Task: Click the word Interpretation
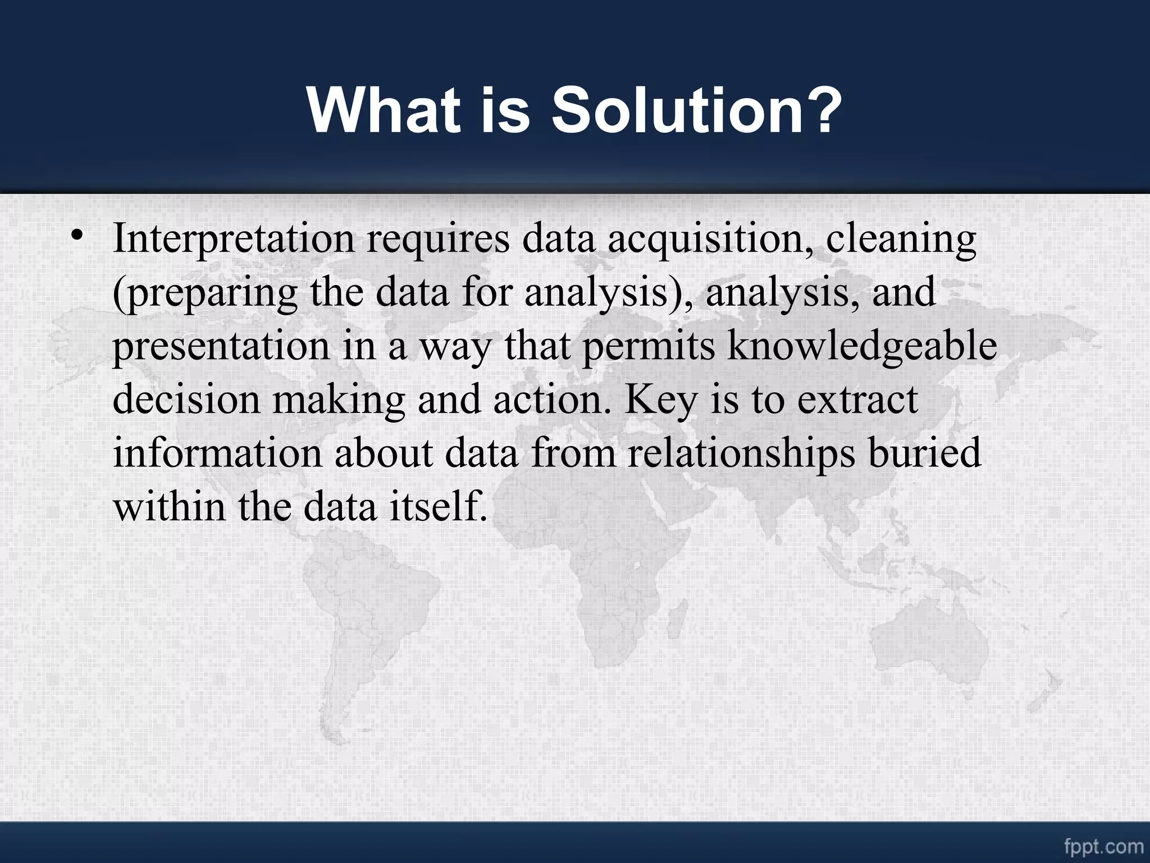pos(234,239)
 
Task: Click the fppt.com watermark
pos(1104,846)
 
